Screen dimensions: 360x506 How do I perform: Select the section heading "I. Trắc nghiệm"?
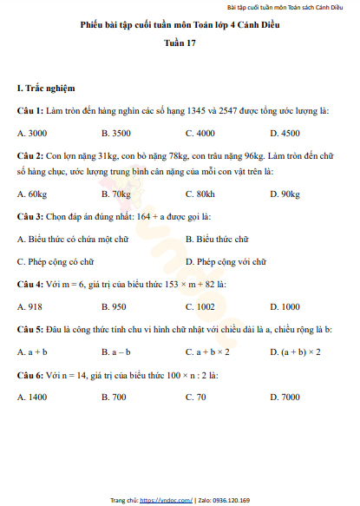coord(46,89)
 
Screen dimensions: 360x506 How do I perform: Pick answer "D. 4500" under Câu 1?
coord(285,133)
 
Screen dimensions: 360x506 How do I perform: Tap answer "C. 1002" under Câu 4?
coord(200,306)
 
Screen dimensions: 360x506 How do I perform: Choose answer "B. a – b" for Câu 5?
coord(115,352)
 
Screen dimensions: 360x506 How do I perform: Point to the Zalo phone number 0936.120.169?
coord(230,500)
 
